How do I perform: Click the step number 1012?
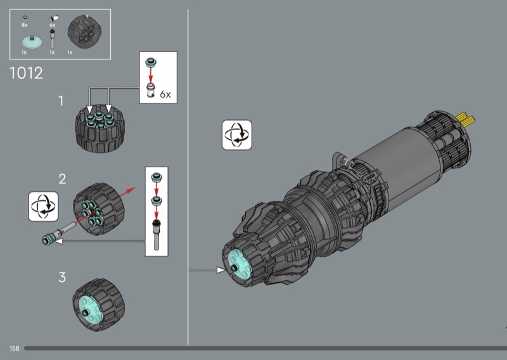[x=26, y=73]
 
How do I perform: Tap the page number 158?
[x=14, y=349]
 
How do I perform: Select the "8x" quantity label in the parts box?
[x=25, y=25]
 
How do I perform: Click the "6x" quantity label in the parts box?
[x=53, y=25]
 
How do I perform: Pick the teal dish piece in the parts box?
[x=32, y=42]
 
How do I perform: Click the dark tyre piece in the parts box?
[x=84, y=32]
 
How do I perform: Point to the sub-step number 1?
[x=61, y=101]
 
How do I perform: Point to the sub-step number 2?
[x=62, y=179]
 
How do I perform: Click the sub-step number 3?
[x=62, y=277]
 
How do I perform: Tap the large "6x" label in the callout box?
[x=165, y=94]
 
